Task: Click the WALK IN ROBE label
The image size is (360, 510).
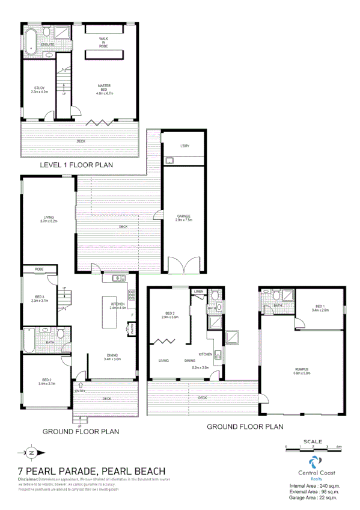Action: tap(103, 43)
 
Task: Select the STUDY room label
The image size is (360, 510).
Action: tap(40, 91)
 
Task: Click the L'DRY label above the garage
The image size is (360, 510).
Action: tap(184, 147)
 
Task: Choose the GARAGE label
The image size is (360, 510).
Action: tap(184, 218)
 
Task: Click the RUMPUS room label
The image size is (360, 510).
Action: tap(302, 371)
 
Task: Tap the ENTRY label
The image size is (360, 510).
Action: tap(80, 391)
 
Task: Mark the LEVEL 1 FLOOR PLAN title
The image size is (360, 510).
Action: tap(76, 164)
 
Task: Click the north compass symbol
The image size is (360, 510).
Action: tap(32, 452)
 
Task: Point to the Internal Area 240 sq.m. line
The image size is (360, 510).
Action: tap(315, 485)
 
